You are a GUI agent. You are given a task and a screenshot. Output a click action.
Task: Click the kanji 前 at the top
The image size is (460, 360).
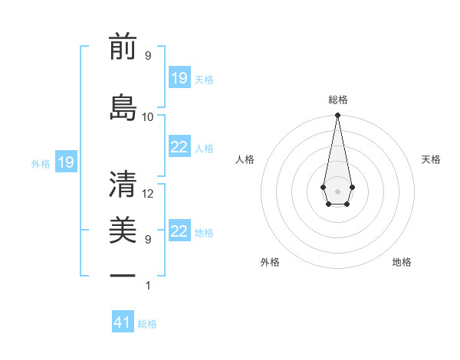[x=123, y=47]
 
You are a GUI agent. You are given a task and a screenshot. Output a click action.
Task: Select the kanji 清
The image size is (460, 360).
[x=123, y=184]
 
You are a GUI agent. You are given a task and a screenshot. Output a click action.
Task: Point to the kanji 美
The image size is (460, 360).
[x=123, y=229]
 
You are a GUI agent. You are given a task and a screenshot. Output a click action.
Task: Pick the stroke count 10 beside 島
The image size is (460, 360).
[x=148, y=116]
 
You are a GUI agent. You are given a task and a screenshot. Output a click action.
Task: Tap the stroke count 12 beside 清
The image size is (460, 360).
[x=148, y=194]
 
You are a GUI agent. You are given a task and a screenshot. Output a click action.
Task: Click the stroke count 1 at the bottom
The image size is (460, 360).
[x=148, y=286]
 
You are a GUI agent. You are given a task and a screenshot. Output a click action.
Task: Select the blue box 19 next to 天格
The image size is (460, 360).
[x=179, y=77]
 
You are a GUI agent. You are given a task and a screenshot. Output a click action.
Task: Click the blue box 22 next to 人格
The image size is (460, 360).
[x=179, y=147]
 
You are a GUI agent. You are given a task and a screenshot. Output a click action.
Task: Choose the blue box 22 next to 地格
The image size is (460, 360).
[x=179, y=232]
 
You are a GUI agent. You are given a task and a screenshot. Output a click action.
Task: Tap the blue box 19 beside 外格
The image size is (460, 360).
[x=65, y=162]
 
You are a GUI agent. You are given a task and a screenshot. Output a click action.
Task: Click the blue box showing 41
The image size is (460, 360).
[x=123, y=322]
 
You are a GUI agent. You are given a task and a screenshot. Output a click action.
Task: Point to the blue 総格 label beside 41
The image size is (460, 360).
[x=147, y=324]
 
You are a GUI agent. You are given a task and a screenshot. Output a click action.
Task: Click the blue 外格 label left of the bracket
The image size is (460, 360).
[x=41, y=163]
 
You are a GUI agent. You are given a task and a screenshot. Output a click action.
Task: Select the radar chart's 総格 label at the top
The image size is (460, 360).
[x=337, y=100]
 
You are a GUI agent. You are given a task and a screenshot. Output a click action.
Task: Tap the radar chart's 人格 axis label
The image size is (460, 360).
[x=245, y=159]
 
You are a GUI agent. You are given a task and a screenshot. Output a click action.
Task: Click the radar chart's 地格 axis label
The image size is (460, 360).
[x=402, y=262]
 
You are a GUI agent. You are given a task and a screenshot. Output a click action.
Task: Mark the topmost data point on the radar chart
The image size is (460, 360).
[x=337, y=116]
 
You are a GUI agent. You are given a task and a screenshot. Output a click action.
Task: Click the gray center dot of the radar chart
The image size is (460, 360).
[x=337, y=190]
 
